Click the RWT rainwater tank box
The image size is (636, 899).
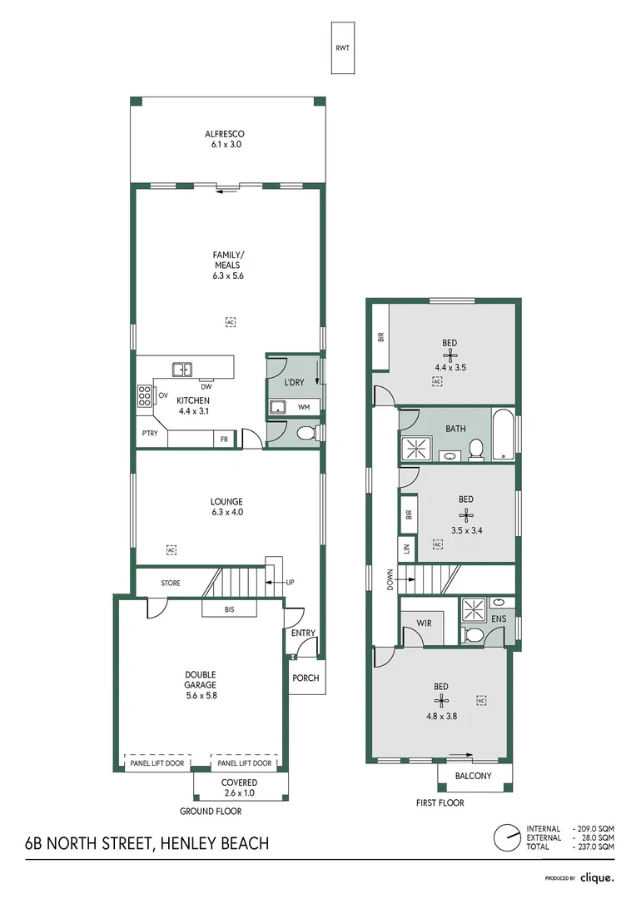click(342, 47)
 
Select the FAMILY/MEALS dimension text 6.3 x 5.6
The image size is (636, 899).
click(226, 276)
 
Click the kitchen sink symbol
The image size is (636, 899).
click(181, 370)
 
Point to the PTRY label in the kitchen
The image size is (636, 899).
click(150, 434)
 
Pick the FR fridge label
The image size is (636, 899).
click(224, 439)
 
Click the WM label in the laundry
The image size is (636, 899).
click(303, 406)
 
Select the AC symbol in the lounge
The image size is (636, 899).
click(171, 550)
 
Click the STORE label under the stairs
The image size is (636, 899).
click(171, 583)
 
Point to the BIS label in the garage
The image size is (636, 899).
click(230, 610)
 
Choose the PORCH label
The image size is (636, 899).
click(306, 678)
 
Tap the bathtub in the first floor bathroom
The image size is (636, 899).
click(503, 434)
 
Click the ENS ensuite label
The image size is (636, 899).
click(498, 620)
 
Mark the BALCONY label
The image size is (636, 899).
click(474, 776)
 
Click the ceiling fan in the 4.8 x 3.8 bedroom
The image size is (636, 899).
click(440, 701)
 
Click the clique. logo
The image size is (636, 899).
click(597, 877)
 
